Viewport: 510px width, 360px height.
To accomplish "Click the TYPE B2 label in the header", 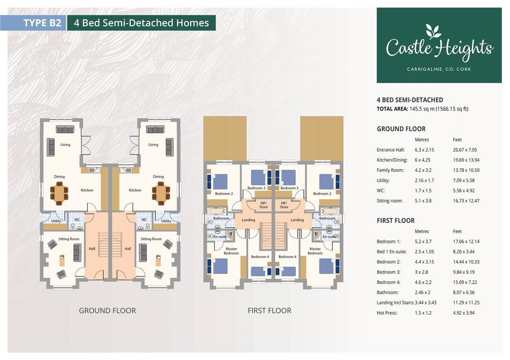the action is [42, 23].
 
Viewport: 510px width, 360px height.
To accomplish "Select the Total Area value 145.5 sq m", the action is [422, 109].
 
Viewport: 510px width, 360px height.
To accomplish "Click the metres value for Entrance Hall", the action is [424, 150].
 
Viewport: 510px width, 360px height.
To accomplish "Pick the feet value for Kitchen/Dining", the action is [466, 160].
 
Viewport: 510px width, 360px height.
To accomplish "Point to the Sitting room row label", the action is [389, 201].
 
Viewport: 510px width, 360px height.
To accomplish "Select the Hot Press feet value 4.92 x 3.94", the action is [464, 313].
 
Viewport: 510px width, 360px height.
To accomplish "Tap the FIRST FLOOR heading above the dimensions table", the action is [395, 221].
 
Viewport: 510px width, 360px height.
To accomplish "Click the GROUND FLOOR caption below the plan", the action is [108, 311].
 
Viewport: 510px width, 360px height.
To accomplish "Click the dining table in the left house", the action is [59, 193].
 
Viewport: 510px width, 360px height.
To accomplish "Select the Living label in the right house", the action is [153, 145].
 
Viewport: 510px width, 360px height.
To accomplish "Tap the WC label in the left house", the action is [77, 220].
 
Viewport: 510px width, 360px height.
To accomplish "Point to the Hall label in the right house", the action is [128, 249].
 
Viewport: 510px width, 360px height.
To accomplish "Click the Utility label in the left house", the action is [56, 221].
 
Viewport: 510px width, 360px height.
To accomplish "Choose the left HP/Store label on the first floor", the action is [263, 205].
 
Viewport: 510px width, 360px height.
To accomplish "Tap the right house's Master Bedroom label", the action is [315, 251].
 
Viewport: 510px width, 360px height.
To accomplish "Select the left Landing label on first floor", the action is [248, 220].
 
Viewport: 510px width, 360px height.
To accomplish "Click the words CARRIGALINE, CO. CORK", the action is [439, 69].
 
